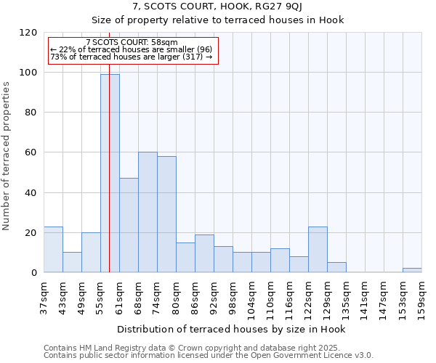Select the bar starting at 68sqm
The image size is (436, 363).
[x=148, y=212]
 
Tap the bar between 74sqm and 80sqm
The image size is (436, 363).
[x=166, y=214]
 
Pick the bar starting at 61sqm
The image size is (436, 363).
[x=129, y=225]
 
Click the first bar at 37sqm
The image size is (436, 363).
[x=53, y=249]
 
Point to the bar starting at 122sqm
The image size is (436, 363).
[x=318, y=249]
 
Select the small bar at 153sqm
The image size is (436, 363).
[x=412, y=270]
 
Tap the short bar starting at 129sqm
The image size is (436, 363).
[x=336, y=267]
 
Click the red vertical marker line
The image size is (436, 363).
[x=109, y=145]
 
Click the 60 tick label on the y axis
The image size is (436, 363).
[x=31, y=152]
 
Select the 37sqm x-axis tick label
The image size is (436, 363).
[x=44, y=296]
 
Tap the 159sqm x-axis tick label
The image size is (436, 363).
[x=421, y=296]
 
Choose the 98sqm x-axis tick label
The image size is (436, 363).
[x=233, y=296]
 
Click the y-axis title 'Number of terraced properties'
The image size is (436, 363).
[x=7, y=156]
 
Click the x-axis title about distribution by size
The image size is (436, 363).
[x=231, y=329]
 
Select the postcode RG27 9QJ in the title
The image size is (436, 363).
[x=284, y=7]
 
